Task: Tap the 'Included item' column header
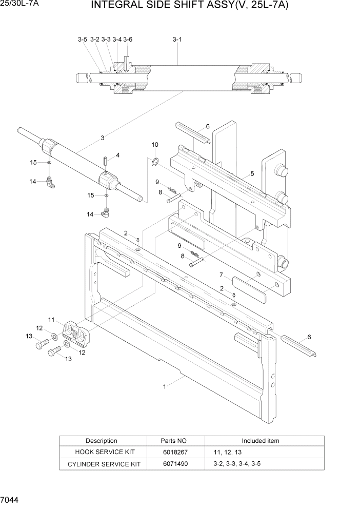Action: (x=261, y=441)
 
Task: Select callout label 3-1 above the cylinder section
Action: (x=177, y=40)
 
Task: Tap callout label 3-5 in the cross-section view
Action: (x=83, y=40)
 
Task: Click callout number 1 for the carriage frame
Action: (x=164, y=387)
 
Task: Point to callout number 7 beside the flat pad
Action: (x=221, y=275)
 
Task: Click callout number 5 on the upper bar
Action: (x=252, y=174)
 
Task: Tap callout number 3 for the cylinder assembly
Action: (x=103, y=138)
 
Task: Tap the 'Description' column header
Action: (x=102, y=441)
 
